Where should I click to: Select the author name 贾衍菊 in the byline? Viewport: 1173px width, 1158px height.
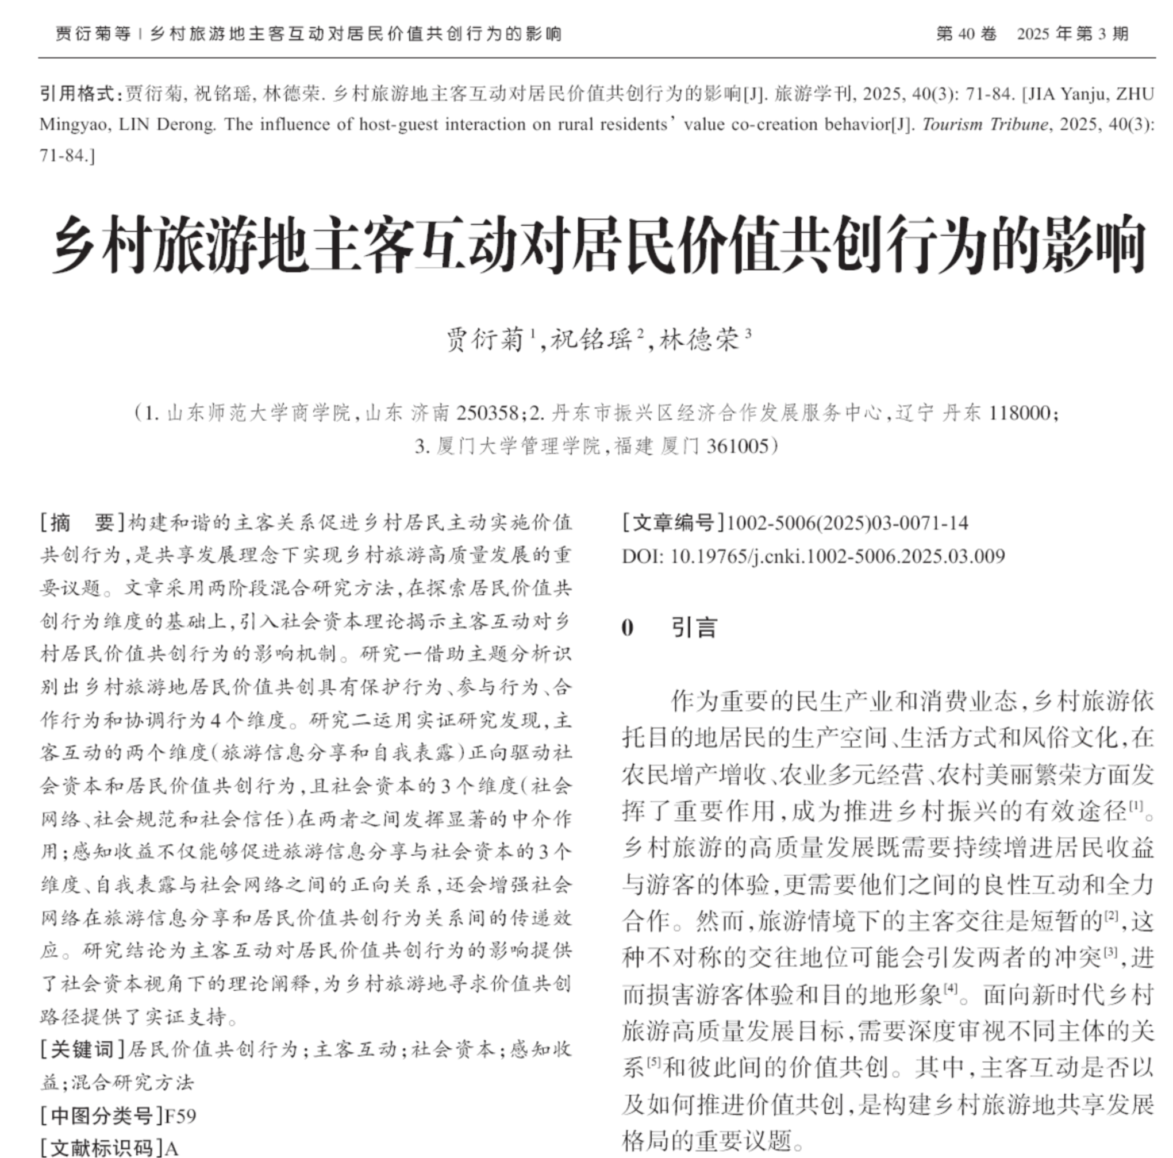pyautogui.click(x=484, y=340)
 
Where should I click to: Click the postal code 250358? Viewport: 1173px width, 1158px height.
pyautogui.click(x=487, y=413)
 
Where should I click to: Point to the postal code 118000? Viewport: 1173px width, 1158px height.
pyautogui.click(x=1020, y=413)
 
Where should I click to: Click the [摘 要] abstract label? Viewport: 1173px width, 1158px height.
pyautogui.click(x=83, y=523)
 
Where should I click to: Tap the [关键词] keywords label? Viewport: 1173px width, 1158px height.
pyautogui.click(x=83, y=1050)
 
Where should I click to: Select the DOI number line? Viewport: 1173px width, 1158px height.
pyautogui.click(x=814, y=556)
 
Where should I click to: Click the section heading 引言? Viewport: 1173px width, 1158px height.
pyautogui.click(x=694, y=628)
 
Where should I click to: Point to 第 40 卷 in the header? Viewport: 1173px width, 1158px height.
pyautogui.click(x=966, y=34)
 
